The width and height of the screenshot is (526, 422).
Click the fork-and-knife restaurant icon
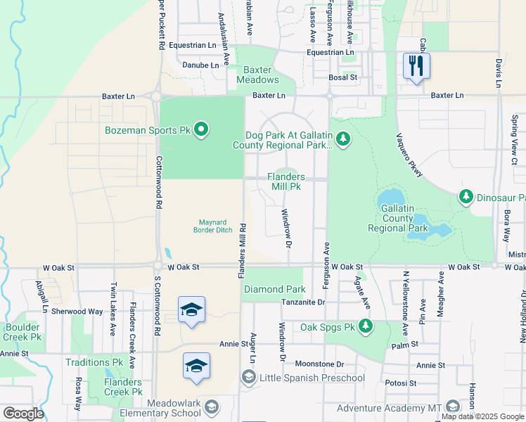(416, 66)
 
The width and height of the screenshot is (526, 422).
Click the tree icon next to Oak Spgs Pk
(365, 326)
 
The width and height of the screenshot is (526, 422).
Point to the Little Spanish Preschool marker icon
(248, 378)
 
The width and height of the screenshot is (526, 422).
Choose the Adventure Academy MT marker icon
(452, 407)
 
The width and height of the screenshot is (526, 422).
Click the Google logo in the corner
(23, 413)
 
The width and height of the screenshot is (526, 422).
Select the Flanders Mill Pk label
(286, 182)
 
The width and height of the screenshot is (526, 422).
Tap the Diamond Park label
(274, 289)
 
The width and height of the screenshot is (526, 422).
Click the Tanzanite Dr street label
(303, 302)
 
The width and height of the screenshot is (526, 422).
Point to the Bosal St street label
(344, 77)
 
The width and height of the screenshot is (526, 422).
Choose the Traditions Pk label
(94, 362)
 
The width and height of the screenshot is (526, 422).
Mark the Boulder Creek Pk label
(24, 332)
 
